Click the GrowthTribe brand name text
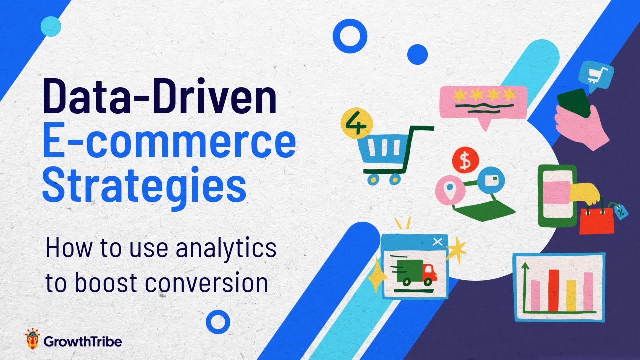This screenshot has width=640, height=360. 82,342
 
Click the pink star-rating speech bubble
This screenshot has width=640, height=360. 483,102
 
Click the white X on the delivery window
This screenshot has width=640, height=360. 438,242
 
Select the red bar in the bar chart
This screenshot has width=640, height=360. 553,290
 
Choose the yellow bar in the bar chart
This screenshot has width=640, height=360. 571,295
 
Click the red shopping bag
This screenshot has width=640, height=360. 597,220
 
